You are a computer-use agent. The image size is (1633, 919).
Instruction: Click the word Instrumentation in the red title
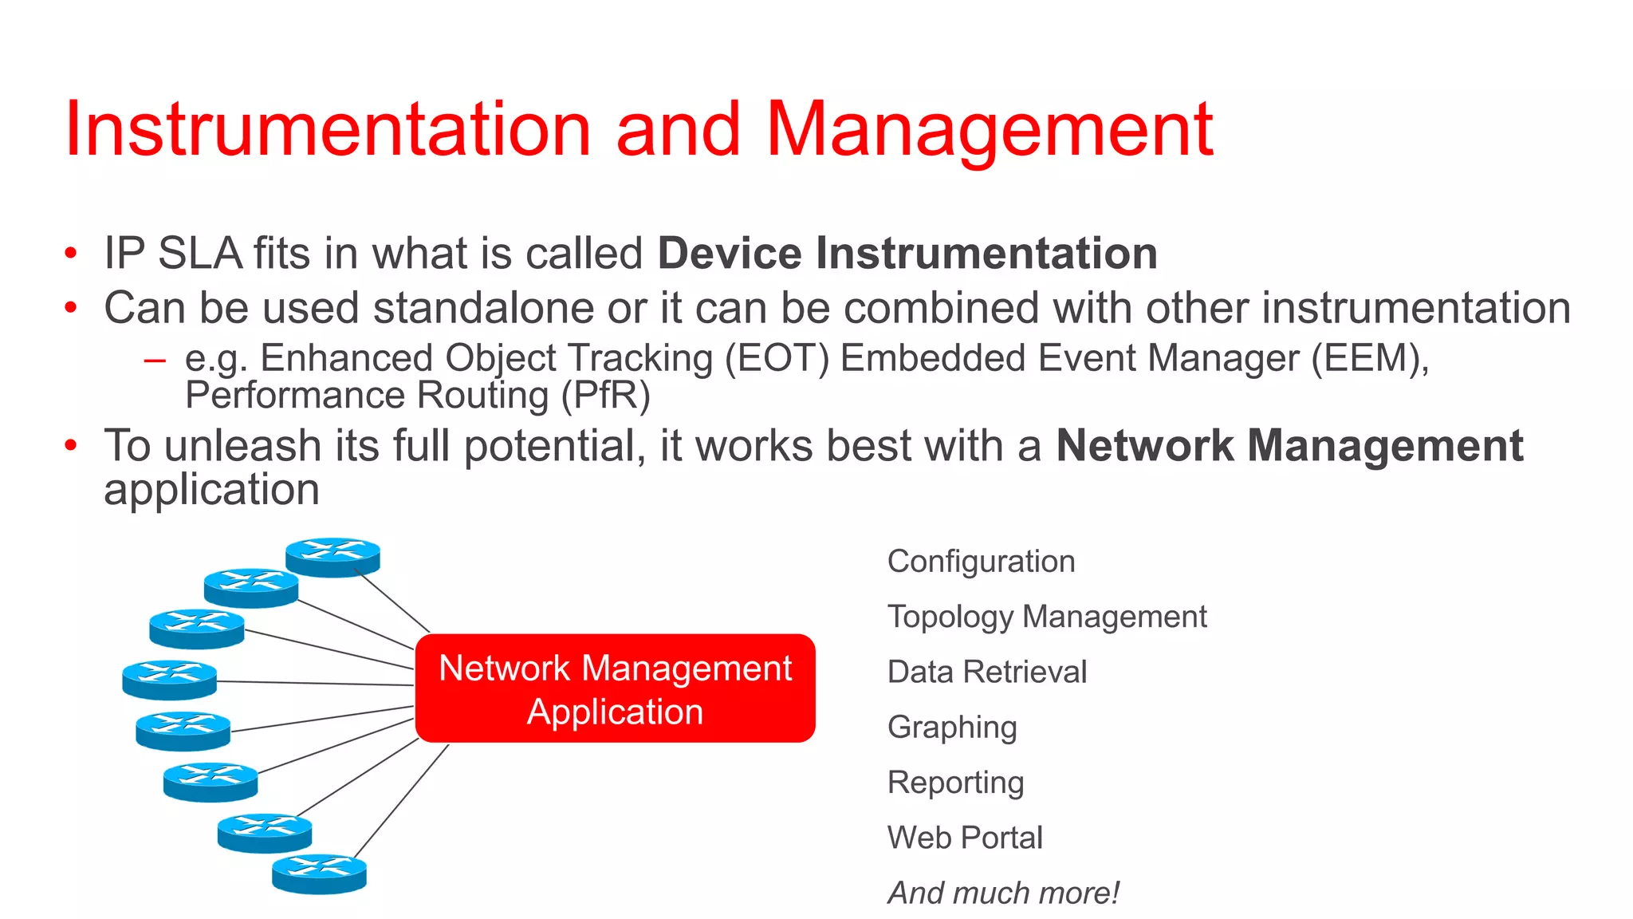[327, 129]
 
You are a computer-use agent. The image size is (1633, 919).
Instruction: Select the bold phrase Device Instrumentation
[907, 254]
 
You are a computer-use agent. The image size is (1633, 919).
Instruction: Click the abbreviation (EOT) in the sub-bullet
[777, 358]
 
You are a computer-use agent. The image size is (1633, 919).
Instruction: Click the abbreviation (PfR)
[605, 396]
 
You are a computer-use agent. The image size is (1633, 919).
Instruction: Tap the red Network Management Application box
[615, 688]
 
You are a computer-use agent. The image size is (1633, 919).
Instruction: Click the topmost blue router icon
[333, 556]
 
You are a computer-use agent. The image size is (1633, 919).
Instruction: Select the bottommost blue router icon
[319, 874]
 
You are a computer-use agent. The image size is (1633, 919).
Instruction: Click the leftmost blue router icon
[169, 680]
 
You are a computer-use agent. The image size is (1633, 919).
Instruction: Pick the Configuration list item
[981, 562]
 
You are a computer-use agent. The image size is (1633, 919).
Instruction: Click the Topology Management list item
[1046, 617]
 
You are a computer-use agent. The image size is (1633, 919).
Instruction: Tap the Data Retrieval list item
[986, 672]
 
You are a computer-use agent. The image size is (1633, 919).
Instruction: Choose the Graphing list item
[952, 728]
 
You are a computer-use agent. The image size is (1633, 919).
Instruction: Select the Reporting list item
[955, 783]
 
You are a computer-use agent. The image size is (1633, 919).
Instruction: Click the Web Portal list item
[965, 838]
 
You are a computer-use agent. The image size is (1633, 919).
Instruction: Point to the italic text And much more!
[1003, 893]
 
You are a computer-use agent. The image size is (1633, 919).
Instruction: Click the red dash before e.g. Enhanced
[155, 361]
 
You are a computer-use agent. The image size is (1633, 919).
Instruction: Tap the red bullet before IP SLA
[71, 254]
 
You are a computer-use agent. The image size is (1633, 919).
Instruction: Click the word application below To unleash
[211, 490]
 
